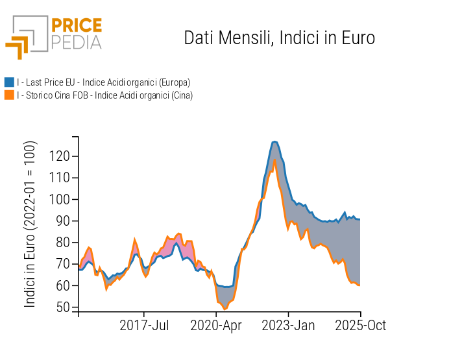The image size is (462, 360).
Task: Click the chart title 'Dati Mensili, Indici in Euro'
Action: [x=279, y=38]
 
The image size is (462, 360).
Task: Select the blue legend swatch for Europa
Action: [x=9, y=82]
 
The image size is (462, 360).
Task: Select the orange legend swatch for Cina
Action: [x=9, y=95]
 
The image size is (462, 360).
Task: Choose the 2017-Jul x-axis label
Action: [x=145, y=325]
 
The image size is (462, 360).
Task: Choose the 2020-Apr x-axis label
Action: [x=216, y=325]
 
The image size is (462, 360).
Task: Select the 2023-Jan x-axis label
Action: [x=289, y=325]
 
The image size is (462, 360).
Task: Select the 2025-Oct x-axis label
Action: [x=359, y=325]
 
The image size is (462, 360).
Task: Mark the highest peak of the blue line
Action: [x=275, y=141]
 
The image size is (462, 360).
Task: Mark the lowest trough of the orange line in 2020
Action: [x=225, y=309]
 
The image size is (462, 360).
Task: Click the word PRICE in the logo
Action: [x=76, y=26]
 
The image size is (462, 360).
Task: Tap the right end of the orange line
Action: [x=359, y=285]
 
